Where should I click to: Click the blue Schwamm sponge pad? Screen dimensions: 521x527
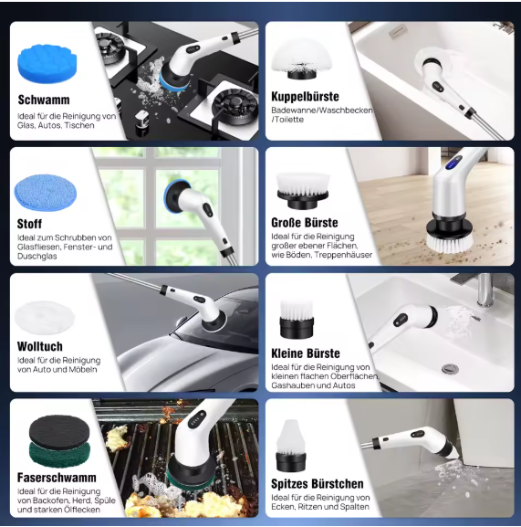coord(47,65)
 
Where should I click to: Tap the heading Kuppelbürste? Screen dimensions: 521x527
coord(305,97)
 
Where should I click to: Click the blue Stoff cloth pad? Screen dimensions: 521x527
coord(46,192)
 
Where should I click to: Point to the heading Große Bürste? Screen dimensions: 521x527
coord(305,223)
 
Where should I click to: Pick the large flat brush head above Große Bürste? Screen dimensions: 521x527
coord(303,191)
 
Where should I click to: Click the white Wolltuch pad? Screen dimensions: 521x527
coord(45,318)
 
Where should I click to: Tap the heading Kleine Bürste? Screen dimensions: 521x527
coord(306,353)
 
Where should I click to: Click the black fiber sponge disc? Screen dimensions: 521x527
coord(59,431)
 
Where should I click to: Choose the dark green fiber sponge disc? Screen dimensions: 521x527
coord(59,454)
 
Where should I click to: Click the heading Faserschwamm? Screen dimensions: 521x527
coord(57,478)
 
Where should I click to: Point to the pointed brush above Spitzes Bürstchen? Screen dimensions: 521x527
coord(291,446)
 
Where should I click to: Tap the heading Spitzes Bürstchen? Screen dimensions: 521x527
coord(318,484)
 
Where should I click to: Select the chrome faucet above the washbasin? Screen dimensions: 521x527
coord(484,290)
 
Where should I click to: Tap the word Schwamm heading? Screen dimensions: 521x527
coord(44,100)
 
